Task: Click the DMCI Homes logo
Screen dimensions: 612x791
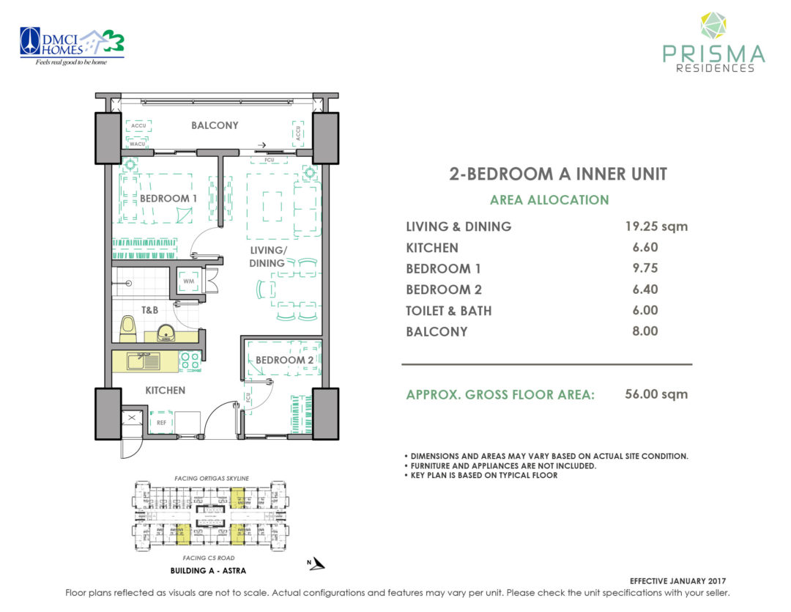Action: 72,45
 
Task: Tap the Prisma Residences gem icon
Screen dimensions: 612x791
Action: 713,25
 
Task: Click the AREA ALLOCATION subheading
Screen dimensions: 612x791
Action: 549,199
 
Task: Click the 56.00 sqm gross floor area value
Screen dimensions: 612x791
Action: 656,394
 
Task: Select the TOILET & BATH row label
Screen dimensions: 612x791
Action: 448,311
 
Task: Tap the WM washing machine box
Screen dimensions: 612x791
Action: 188,281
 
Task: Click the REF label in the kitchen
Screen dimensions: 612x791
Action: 160,422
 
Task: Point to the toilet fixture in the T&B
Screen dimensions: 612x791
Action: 127,328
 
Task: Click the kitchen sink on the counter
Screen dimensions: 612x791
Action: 142,360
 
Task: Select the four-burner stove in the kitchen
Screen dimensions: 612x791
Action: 190,360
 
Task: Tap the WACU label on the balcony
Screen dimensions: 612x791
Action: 138,143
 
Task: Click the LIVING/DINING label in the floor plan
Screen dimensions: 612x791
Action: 267,257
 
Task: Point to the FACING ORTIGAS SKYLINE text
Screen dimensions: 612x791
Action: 211,478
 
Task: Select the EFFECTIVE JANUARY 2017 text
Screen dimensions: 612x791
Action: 681,580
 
